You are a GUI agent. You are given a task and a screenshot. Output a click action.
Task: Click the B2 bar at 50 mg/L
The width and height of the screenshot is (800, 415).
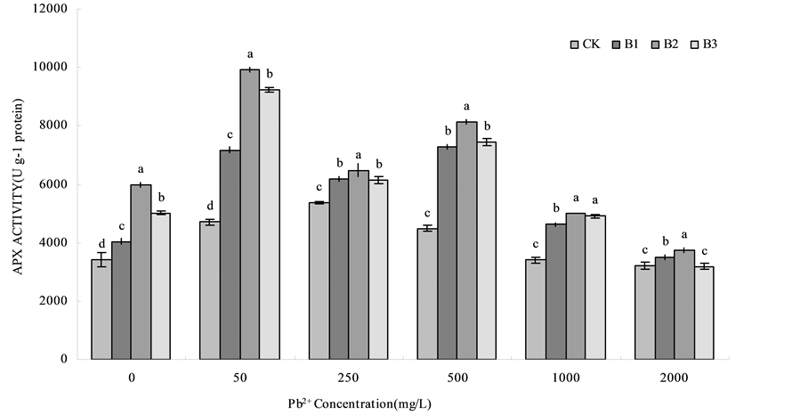click(x=249, y=214)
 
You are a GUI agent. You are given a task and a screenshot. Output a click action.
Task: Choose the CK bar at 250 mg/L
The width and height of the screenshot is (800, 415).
click(x=318, y=281)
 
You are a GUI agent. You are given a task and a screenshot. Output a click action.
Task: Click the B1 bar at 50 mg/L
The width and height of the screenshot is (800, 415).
click(x=230, y=254)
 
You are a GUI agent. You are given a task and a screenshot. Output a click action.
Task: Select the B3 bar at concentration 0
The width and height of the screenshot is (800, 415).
click(x=161, y=286)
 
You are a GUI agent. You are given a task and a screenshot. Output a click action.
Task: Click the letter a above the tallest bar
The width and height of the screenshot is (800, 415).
click(x=250, y=55)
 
